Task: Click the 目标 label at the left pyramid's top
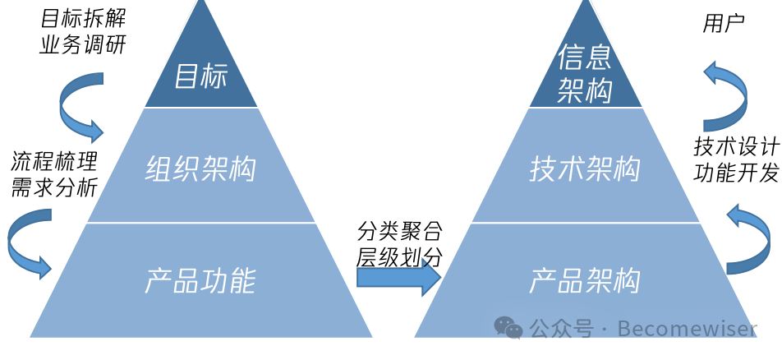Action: tap(200, 78)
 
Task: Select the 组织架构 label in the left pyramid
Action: tap(200, 169)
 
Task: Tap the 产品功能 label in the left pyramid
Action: tap(200, 281)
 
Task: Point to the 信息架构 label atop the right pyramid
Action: tap(584, 74)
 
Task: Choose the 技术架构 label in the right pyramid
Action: tap(584, 169)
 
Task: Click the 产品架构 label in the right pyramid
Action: tap(584, 281)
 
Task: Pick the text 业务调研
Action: tap(84, 44)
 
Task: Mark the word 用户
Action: tap(724, 24)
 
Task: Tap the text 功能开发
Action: tap(736, 173)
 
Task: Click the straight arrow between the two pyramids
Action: tap(399, 279)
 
